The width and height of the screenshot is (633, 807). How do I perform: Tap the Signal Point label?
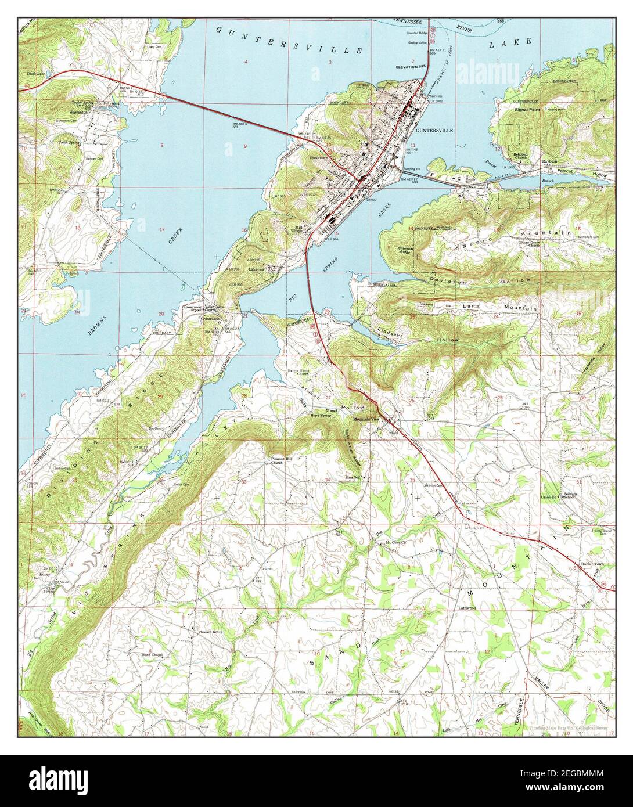527,109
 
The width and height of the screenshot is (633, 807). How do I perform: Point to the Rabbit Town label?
593,564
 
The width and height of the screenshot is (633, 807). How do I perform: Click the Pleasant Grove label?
210,632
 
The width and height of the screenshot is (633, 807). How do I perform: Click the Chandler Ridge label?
405,250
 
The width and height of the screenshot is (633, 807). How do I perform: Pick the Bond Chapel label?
152,654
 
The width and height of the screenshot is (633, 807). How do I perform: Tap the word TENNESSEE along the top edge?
407,20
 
